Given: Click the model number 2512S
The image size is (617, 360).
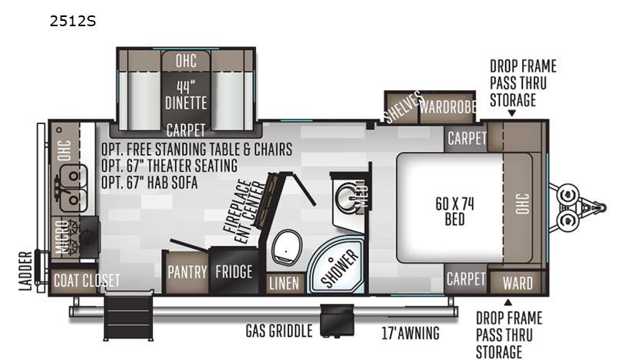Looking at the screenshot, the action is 72,21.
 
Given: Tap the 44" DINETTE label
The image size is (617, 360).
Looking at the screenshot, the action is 186,95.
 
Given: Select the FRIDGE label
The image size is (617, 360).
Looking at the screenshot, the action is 234,272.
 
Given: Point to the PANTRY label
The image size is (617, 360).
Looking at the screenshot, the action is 187,272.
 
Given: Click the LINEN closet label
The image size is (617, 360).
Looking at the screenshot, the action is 284,283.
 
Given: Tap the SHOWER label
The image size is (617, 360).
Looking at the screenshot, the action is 340,268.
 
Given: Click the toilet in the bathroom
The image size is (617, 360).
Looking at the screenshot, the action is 287,248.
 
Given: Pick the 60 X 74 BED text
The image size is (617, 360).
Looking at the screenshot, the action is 454,211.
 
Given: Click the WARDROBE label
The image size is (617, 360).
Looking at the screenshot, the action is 448,106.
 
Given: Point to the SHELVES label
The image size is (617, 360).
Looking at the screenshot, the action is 403,107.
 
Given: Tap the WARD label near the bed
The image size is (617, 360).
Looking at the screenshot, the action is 518,283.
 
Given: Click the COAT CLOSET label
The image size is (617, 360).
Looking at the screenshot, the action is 86,281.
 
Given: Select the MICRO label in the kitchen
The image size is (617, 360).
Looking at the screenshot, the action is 62,237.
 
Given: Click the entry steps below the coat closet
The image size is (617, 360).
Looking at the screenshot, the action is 128,315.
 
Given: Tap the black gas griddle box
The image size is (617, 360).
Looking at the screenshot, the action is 337,320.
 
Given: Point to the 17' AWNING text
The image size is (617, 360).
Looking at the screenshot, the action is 410,333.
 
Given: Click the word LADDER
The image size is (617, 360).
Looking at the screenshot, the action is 25,271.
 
